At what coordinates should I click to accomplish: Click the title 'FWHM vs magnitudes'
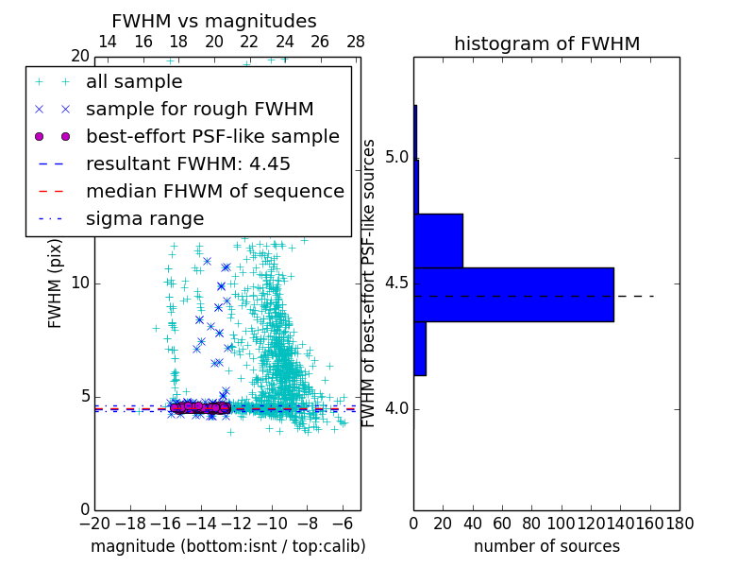click(214, 22)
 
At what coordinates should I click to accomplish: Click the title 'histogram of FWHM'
click(546, 44)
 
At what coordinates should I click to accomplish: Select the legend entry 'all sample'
click(134, 82)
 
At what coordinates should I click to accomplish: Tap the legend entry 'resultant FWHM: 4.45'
click(188, 164)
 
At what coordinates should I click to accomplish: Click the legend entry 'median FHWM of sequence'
click(214, 192)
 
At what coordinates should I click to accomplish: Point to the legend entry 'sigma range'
click(144, 219)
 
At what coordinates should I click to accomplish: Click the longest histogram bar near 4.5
click(513, 295)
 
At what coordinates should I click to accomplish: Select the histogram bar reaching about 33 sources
click(438, 241)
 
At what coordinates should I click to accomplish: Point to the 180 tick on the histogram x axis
click(679, 522)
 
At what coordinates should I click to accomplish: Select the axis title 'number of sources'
click(546, 546)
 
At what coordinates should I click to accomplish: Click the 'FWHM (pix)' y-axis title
click(56, 283)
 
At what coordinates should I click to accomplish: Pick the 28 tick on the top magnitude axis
click(356, 42)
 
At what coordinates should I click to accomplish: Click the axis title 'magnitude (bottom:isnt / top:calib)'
click(227, 546)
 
